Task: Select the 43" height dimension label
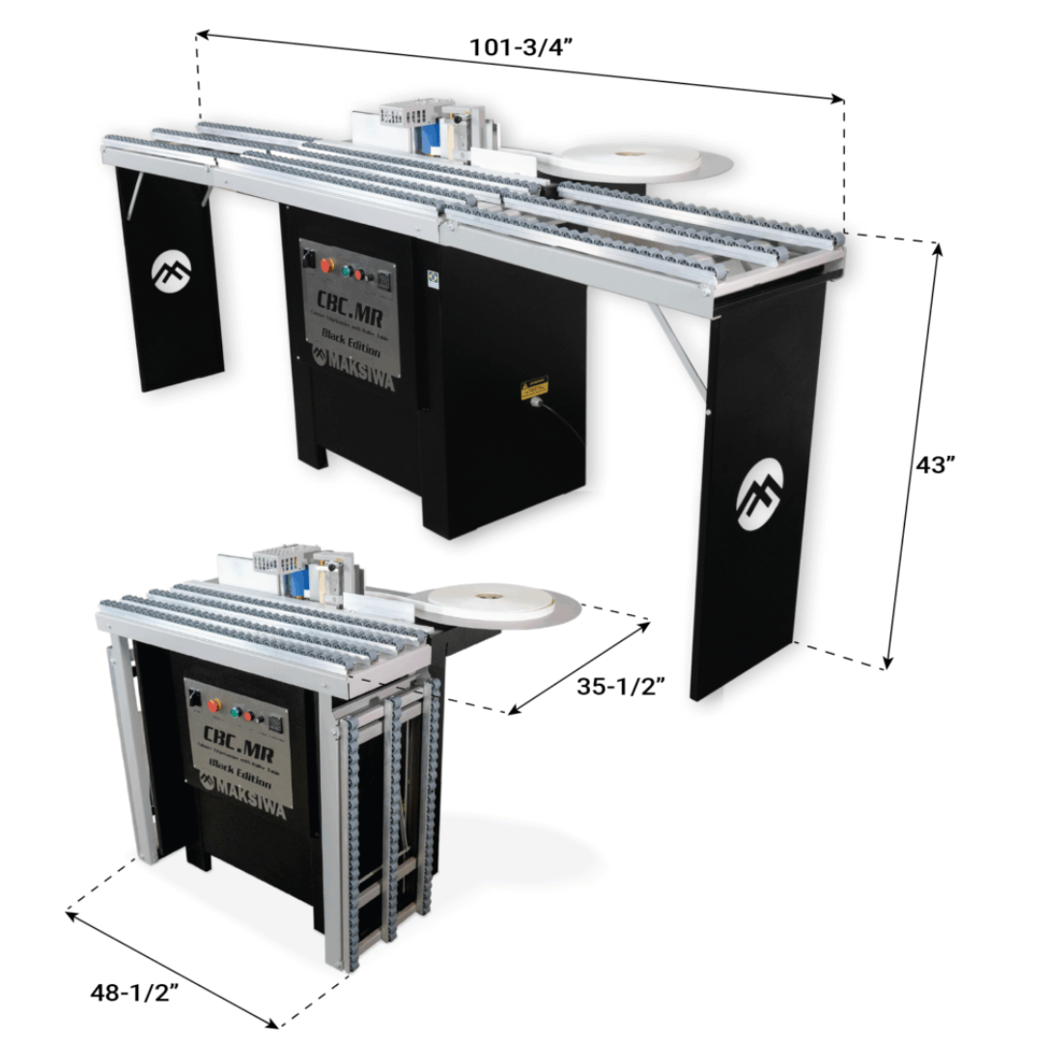click(x=936, y=465)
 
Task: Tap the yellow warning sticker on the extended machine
click(x=534, y=387)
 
